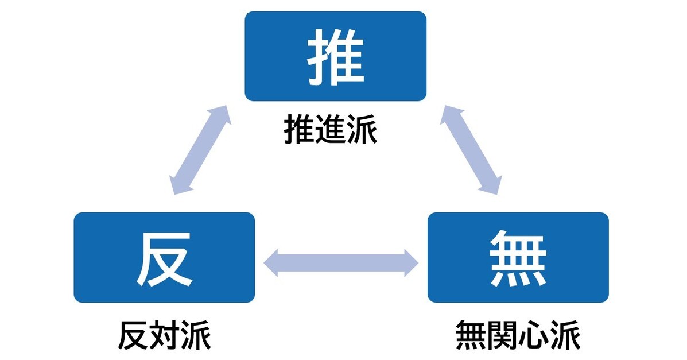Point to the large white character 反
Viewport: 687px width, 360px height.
click(x=164, y=259)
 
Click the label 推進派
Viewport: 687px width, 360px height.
click(x=331, y=131)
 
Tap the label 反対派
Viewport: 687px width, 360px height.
click(x=164, y=336)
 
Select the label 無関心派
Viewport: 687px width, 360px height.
click(x=518, y=336)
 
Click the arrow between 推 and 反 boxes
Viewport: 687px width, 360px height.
click(x=201, y=151)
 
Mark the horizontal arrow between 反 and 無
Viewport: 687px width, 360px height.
click(x=341, y=262)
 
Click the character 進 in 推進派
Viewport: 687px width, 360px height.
click(x=331, y=131)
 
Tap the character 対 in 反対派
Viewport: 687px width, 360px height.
click(x=164, y=336)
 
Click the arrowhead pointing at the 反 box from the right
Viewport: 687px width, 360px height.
click(x=271, y=262)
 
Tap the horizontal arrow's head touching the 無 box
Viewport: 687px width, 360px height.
click(x=412, y=262)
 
